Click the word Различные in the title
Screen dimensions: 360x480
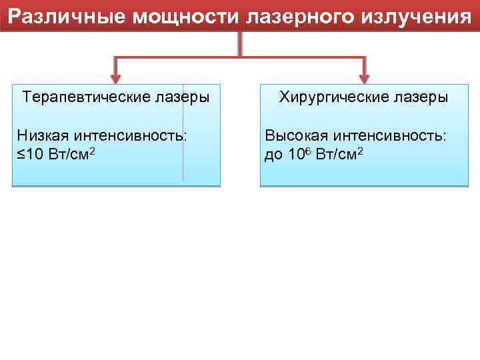[x=67, y=16]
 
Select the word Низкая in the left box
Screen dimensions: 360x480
[x=42, y=136]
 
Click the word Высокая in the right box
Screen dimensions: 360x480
[x=296, y=136]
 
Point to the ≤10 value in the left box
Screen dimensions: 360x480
[x=31, y=155]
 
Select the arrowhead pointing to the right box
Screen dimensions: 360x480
[x=364, y=74]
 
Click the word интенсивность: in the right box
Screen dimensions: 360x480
[x=390, y=136]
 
